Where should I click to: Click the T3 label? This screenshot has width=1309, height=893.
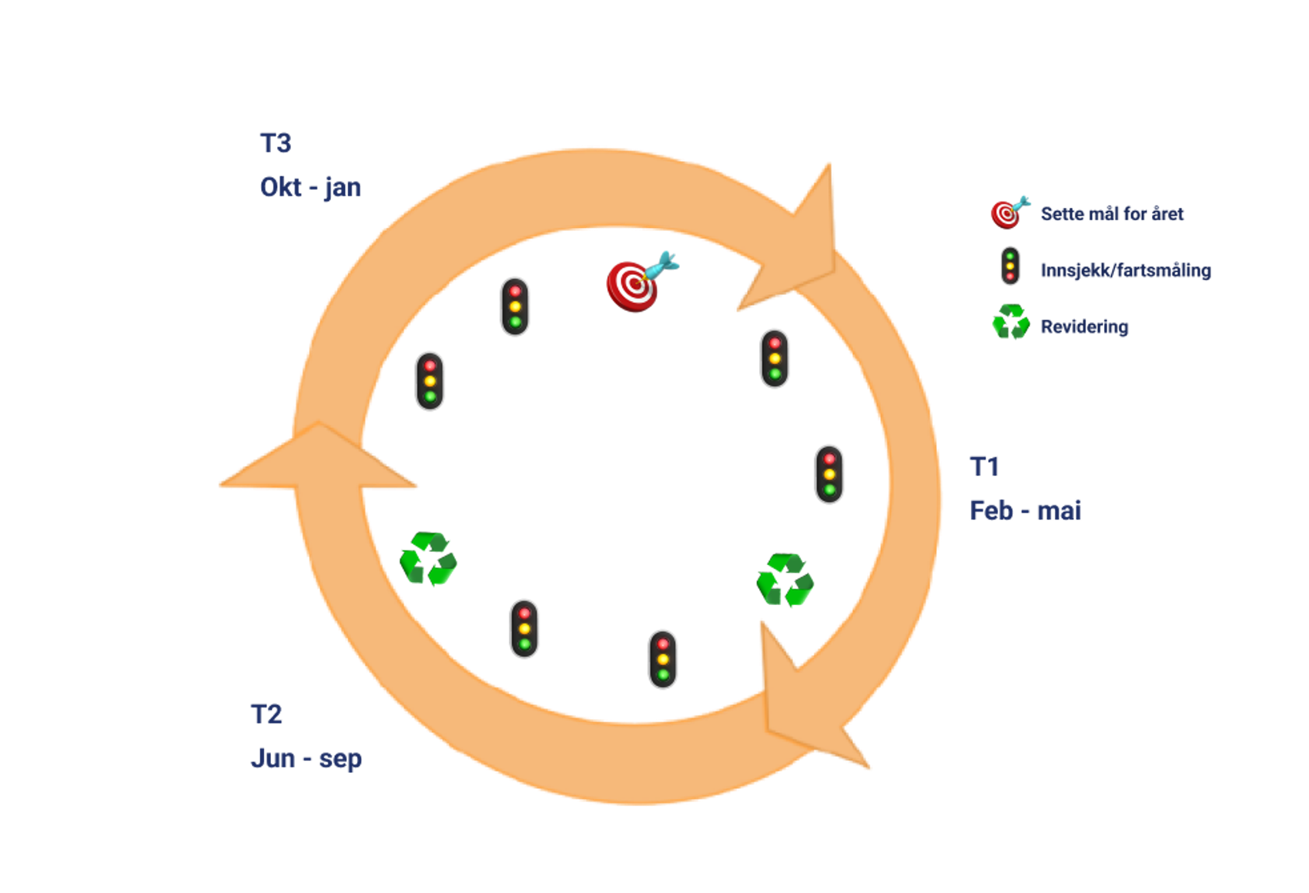276,143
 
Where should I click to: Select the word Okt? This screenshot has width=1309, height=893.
280,188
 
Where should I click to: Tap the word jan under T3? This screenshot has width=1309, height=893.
343,188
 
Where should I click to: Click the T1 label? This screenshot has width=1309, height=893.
985,467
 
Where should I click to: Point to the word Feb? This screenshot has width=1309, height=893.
991,510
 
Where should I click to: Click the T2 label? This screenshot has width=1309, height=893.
267,714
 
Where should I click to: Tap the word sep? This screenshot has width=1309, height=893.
340,759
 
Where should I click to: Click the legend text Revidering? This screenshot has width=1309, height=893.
1084,327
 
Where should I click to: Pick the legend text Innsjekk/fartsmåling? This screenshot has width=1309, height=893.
1126,271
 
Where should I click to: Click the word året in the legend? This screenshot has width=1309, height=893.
1168,214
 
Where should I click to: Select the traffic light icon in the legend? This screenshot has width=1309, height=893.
1009,266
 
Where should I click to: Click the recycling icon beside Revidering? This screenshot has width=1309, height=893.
1010,323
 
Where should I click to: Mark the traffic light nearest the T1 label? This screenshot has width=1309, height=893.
829,474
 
